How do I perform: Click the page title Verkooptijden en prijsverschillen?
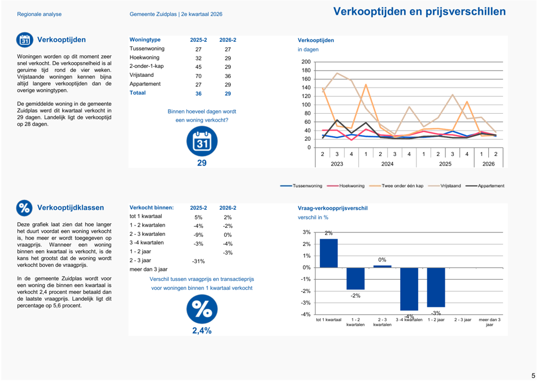click(x=419, y=11)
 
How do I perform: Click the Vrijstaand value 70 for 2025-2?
click(x=198, y=76)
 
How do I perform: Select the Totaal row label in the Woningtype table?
click(x=137, y=93)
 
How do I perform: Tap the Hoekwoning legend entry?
click(x=346, y=185)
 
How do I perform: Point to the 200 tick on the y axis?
click(x=306, y=62)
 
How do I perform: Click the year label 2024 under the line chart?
click(x=387, y=164)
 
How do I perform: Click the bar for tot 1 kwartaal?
click(x=329, y=253)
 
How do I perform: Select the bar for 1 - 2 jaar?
click(x=436, y=287)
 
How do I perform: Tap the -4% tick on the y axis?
click(x=306, y=314)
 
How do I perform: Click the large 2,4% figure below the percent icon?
click(x=202, y=331)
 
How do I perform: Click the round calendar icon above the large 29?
click(x=202, y=141)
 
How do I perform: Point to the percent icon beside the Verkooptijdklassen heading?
click(x=24, y=208)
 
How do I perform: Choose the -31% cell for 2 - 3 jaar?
click(x=198, y=262)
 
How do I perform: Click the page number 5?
click(x=533, y=376)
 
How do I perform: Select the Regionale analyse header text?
click(x=40, y=14)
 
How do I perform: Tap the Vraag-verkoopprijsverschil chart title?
click(x=332, y=208)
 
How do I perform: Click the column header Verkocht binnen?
click(x=151, y=207)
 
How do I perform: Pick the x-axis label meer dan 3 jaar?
click(x=489, y=322)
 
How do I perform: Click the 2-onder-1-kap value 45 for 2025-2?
click(x=198, y=67)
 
